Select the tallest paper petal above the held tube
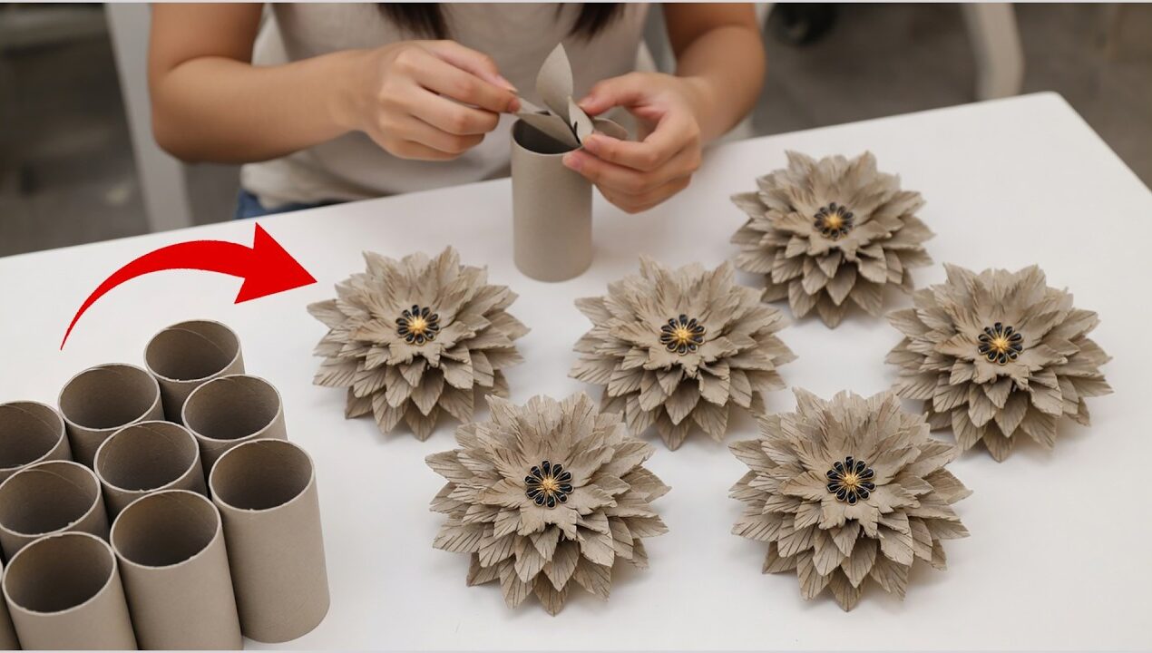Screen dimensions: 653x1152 pyautogui.click(x=554, y=82)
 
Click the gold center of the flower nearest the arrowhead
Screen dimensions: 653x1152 pyautogui.click(x=417, y=324)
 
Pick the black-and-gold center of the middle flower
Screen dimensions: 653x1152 pyautogui.click(x=681, y=334)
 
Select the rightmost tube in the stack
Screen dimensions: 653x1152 pyautogui.click(x=270, y=535)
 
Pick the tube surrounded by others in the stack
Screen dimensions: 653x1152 pyautogui.click(x=148, y=463)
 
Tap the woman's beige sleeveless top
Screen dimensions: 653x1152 pyautogui.click(x=299, y=154)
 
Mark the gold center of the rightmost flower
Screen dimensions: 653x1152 pyautogui.click(x=1000, y=343)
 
